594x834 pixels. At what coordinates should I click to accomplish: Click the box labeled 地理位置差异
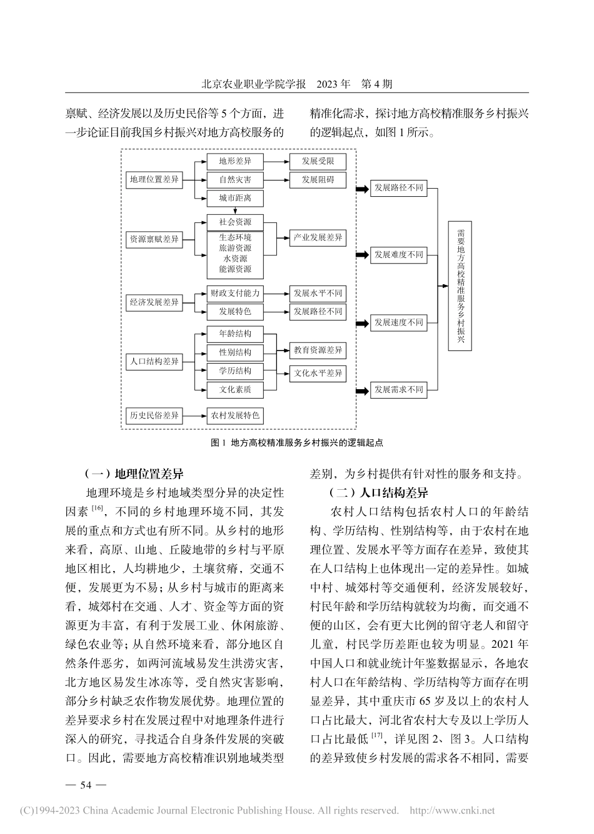(x=154, y=180)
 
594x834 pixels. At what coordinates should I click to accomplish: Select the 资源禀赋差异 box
(x=154, y=239)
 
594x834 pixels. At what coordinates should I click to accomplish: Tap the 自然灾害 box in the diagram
(x=235, y=180)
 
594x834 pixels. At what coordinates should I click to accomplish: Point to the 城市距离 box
(x=235, y=199)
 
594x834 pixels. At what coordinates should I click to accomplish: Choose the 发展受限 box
(x=318, y=161)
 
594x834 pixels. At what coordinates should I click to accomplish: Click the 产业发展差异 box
(x=318, y=238)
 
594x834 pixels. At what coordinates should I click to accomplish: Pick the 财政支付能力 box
(x=235, y=293)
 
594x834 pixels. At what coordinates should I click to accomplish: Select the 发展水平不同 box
(x=318, y=293)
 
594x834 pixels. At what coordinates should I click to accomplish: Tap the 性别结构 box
(x=235, y=352)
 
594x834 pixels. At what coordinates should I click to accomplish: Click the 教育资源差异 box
(x=318, y=350)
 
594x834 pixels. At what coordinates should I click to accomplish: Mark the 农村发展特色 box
(x=235, y=415)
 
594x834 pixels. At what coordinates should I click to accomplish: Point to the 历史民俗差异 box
(x=154, y=415)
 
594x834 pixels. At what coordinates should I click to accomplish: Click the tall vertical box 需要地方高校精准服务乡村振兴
(x=460, y=285)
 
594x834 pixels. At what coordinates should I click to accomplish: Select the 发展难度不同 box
(x=398, y=255)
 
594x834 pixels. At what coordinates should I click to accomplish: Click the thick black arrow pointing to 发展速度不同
(x=362, y=323)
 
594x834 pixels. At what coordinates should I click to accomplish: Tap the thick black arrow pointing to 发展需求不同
(x=362, y=390)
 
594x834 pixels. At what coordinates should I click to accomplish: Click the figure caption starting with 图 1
(x=297, y=442)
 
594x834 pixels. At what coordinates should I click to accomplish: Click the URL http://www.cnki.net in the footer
(x=451, y=811)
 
